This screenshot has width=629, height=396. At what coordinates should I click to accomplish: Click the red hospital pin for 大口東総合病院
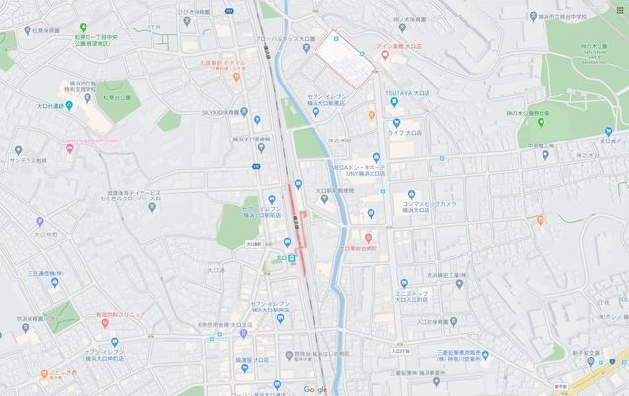pos(367,238)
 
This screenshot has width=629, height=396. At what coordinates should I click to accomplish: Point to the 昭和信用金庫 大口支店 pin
pos(243,333)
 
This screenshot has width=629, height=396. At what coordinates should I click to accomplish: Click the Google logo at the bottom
pos(314,389)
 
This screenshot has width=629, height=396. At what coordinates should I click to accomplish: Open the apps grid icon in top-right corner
pos(619,9)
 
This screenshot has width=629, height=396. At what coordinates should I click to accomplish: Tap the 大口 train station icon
pos(292,258)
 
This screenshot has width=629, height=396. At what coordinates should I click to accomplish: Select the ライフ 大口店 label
pos(405,131)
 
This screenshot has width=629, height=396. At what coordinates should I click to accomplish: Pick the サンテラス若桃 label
pos(26,159)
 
